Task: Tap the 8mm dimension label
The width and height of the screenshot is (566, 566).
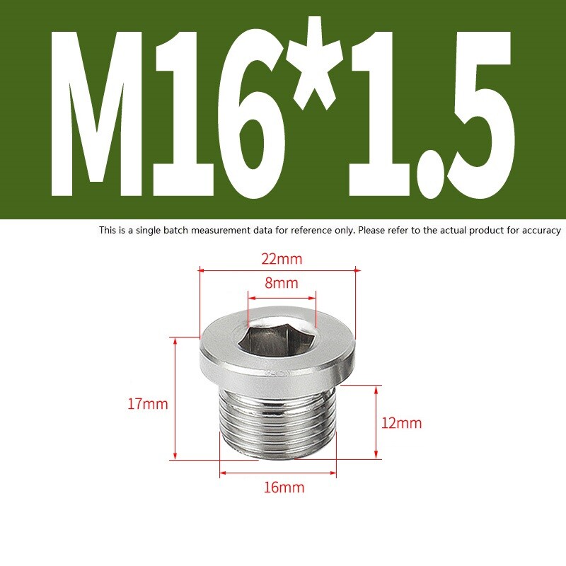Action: click(281, 283)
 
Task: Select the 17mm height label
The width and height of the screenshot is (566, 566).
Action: click(147, 405)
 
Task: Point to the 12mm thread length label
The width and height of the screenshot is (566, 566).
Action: click(401, 423)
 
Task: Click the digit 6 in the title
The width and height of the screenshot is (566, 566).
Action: click(245, 117)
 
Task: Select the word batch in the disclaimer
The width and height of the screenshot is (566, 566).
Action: click(167, 231)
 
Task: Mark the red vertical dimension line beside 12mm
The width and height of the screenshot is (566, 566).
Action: click(376, 422)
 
